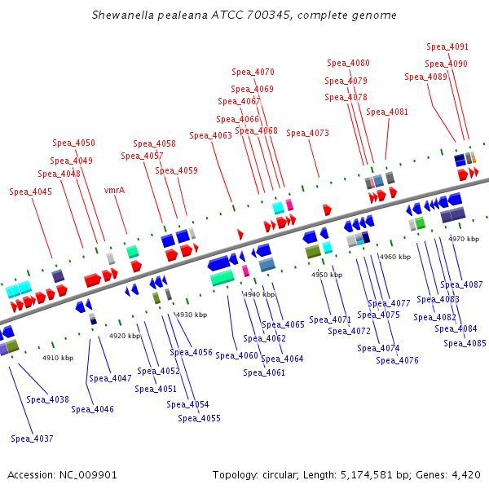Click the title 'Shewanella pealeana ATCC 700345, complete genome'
[244, 15]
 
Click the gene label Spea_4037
[32, 438]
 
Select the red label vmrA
[114, 190]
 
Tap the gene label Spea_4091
[447, 47]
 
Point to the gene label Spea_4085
[465, 343]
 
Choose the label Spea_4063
[210, 135]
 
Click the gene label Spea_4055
[199, 418]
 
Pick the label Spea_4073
[307, 133]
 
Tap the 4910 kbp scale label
[58, 358]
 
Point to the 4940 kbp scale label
[259, 294]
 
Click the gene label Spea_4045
[30, 192]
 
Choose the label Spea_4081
[387, 112]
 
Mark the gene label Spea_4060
[236, 355]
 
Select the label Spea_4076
[398, 360]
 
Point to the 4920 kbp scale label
[125, 336]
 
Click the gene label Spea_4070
[253, 72]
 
